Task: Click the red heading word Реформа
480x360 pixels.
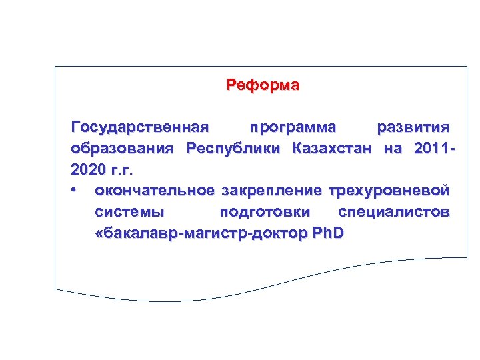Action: click(263, 85)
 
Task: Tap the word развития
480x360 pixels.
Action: click(413, 127)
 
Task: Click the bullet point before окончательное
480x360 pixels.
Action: click(75, 191)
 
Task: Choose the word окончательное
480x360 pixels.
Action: click(155, 191)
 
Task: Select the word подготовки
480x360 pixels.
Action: click(265, 212)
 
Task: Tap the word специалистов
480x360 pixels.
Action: click(393, 212)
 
